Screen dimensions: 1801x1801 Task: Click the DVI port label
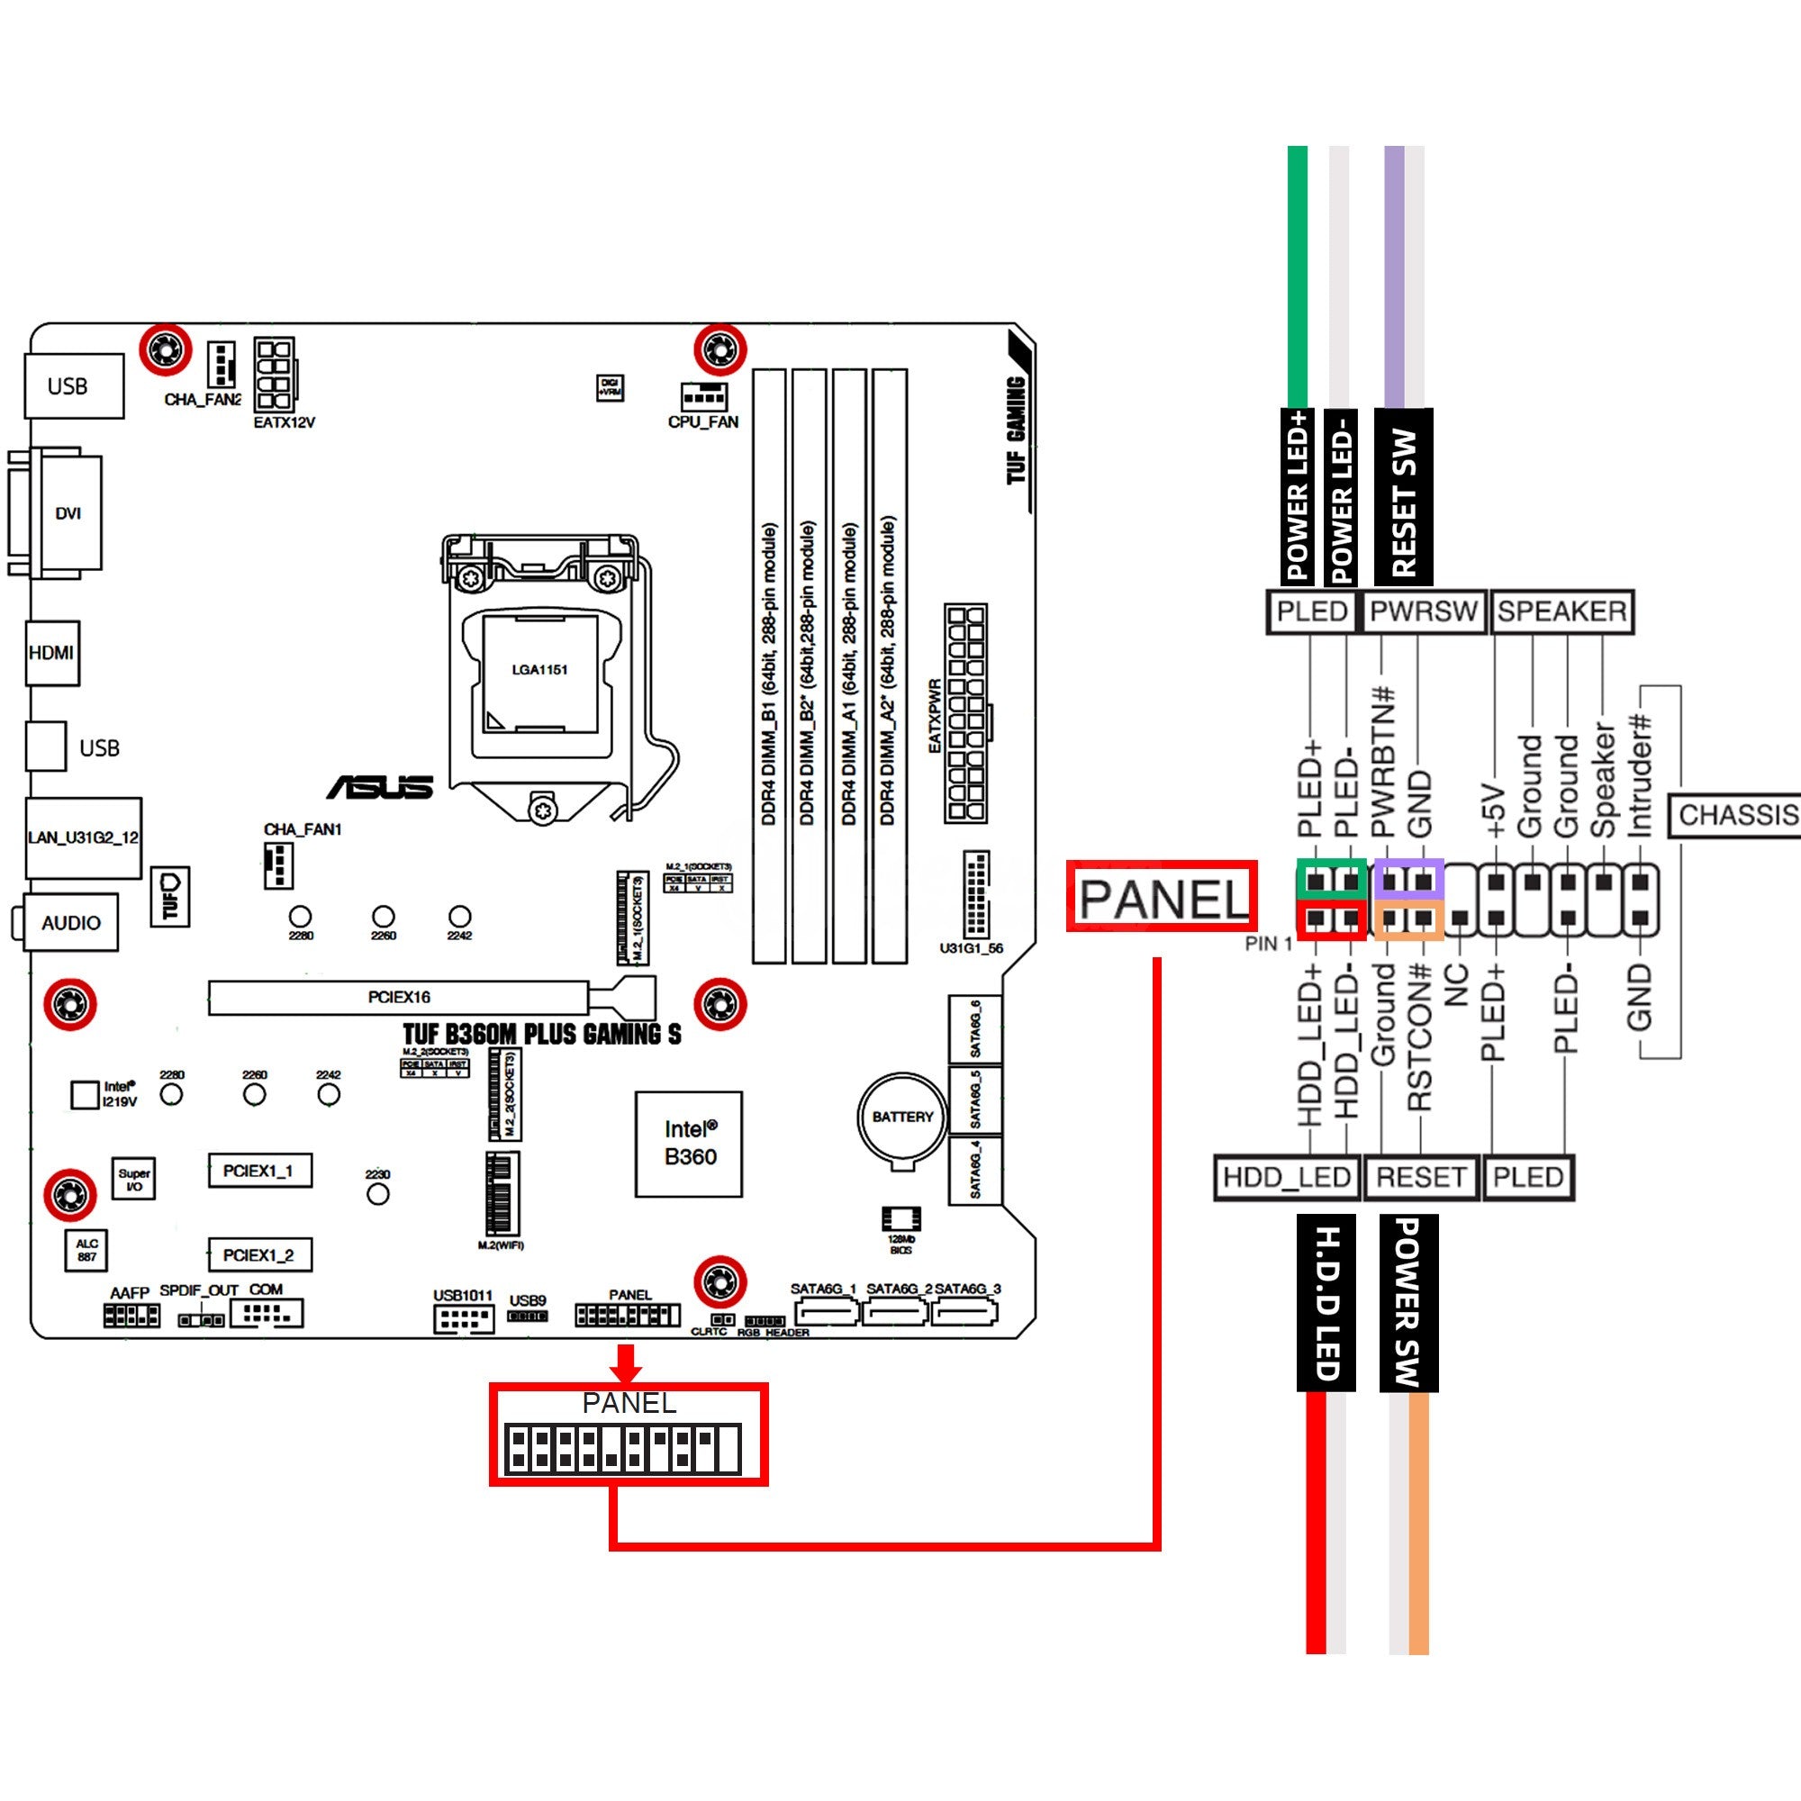[68, 512]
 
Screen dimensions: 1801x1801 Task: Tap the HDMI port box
[51, 653]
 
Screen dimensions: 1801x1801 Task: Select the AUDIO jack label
[71, 922]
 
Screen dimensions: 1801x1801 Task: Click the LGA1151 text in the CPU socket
[538, 669]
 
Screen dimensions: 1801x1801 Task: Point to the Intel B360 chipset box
[689, 1143]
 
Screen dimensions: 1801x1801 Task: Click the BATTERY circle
[901, 1117]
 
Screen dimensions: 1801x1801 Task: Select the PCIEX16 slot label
[399, 997]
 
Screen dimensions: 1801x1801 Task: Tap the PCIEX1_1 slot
[258, 1171]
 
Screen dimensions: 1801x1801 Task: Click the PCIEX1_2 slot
[258, 1254]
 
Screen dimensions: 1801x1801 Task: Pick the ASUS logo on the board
[380, 788]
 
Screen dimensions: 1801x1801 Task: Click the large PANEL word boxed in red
[1163, 898]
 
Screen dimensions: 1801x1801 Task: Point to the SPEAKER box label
[1561, 611]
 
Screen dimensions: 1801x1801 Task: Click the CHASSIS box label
[1736, 815]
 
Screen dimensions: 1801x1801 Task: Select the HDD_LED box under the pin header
[1286, 1177]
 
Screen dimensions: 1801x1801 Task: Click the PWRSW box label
[1423, 611]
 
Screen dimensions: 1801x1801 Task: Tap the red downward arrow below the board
[626, 1363]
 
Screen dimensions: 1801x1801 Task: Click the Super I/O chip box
[133, 1180]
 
